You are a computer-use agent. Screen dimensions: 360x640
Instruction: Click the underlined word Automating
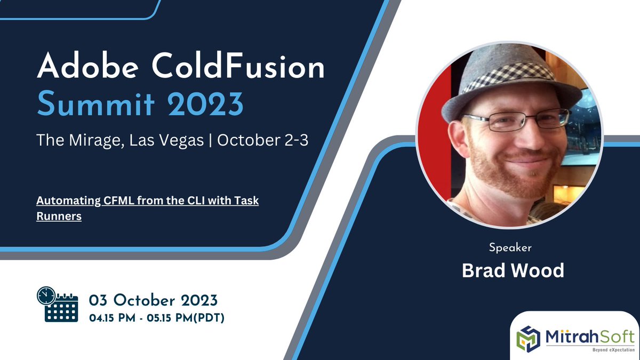tap(68, 203)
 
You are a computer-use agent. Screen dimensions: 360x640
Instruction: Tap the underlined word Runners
tap(59, 217)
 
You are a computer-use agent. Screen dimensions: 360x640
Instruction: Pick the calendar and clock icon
tap(57, 304)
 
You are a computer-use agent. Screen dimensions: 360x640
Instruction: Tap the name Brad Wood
tap(513, 270)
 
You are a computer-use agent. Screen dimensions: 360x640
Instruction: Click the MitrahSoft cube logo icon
tap(529, 336)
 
